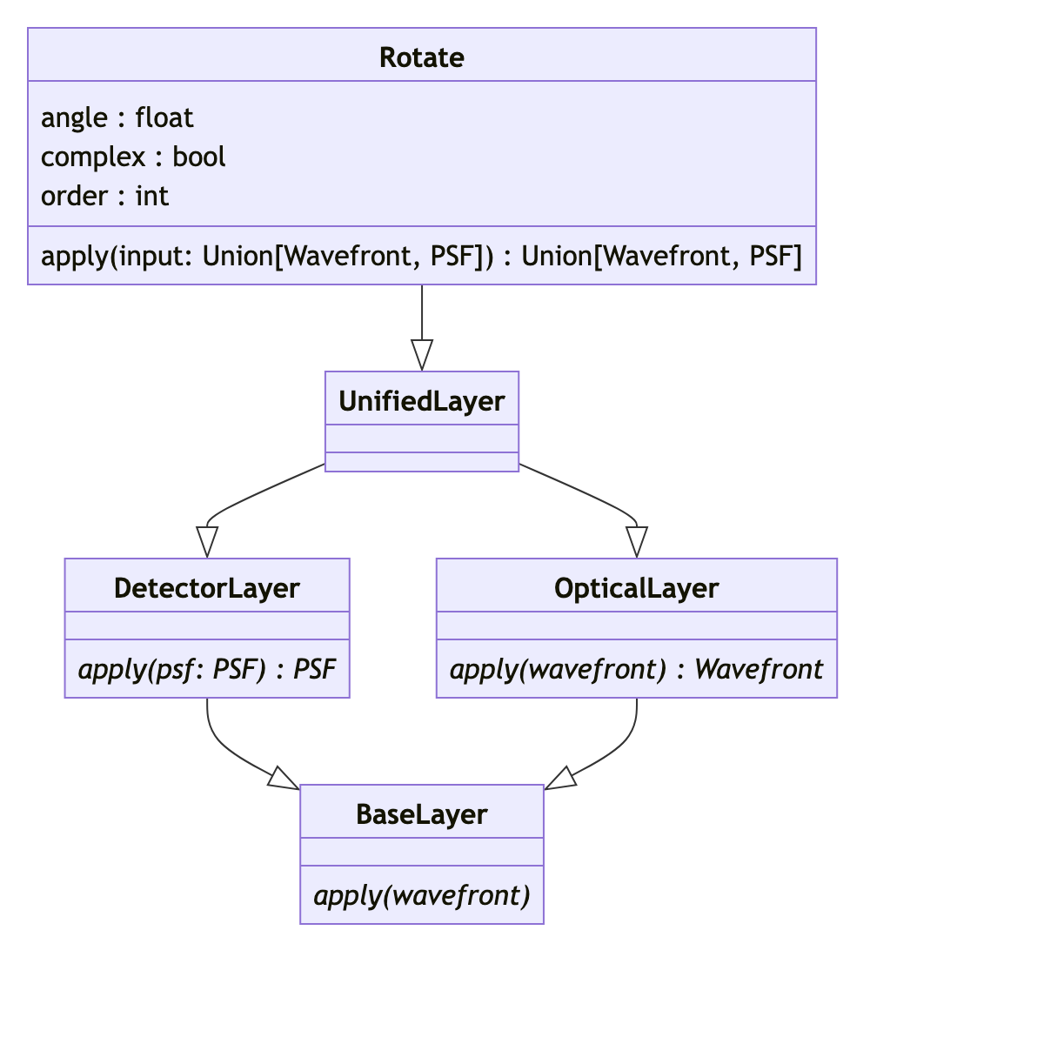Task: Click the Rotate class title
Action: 422,57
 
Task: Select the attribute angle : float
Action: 117,117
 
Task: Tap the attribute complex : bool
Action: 133,157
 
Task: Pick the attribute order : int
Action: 104,196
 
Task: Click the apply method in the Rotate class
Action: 421,256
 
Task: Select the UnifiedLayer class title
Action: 422,401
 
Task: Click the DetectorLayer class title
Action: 207,588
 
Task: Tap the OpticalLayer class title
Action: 636,588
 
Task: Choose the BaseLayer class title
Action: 422,814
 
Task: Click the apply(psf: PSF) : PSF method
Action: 207,669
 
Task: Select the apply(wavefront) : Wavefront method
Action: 636,669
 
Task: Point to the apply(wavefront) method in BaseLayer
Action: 422,895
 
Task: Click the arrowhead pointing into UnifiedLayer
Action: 422,355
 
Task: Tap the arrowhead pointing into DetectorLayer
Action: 207,541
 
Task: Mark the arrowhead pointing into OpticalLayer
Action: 637,541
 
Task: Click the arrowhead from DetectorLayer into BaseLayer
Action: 284,779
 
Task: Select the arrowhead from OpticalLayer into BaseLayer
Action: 560,779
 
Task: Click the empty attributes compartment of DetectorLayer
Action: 207,626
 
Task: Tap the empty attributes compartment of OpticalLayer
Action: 636,626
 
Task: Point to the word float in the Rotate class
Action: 164,117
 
